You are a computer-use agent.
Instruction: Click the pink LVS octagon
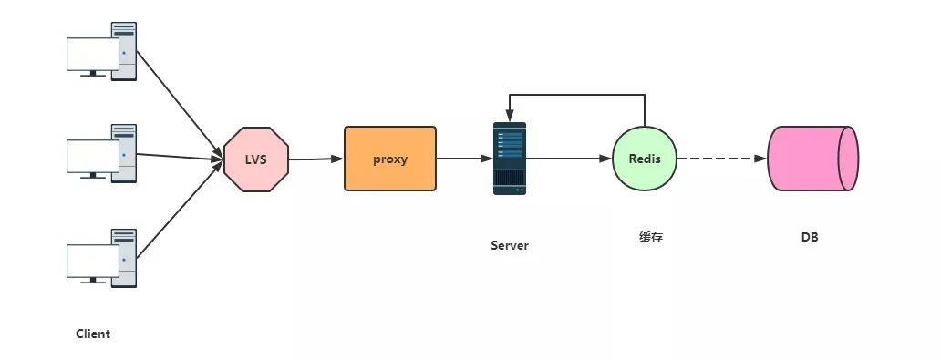tap(256, 159)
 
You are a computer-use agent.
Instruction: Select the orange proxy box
tap(390, 159)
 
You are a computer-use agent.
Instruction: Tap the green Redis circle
tap(645, 159)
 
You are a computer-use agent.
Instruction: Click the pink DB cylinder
tap(813, 159)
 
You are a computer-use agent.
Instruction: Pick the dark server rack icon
tap(510, 159)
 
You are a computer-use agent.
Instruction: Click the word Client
tap(93, 334)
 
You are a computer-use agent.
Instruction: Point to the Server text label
tap(510, 245)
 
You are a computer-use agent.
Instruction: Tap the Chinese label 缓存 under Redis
tap(651, 237)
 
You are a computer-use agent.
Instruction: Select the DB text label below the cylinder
tap(810, 237)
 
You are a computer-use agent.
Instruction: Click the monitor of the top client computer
tap(92, 55)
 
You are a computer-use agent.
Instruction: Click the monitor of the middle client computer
tap(92, 158)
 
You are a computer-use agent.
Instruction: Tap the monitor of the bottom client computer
tap(92, 262)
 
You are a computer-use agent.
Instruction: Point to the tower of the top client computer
tap(124, 51)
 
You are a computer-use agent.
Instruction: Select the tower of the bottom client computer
tap(124, 258)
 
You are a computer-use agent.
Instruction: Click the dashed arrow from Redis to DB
tap(722, 159)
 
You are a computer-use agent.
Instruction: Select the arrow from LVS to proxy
tap(316, 159)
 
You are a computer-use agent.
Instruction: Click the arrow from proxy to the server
tap(464, 159)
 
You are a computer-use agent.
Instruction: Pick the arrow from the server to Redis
tap(569, 159)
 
